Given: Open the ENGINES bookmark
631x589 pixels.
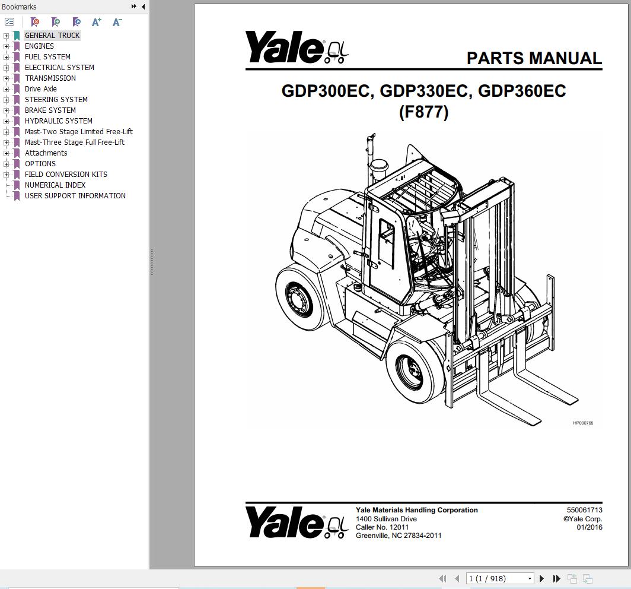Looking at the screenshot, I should point(39,46).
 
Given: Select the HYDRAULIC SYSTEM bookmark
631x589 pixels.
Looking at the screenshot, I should point(58,121).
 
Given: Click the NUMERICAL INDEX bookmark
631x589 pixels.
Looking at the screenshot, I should point(55,185).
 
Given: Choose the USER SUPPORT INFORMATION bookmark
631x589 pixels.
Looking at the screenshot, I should point(75,196).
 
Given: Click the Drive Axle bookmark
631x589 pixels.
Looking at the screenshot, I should point(40,89).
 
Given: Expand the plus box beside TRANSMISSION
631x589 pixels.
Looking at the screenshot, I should point(7,78).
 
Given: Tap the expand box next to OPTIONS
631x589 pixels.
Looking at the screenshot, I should point(7,164).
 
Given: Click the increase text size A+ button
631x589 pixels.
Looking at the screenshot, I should point(97,22).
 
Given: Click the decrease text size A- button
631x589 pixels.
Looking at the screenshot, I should point(117,22).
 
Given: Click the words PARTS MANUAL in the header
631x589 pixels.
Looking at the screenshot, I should point(534,58).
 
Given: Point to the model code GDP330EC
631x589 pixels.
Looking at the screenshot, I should point(423,91).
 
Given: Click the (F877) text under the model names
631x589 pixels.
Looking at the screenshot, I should point(423,112).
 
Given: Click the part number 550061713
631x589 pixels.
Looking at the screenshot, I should point(584,510).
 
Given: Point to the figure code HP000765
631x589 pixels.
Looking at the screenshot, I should point(582,423).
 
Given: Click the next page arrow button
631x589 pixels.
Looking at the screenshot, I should point(541,578).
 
